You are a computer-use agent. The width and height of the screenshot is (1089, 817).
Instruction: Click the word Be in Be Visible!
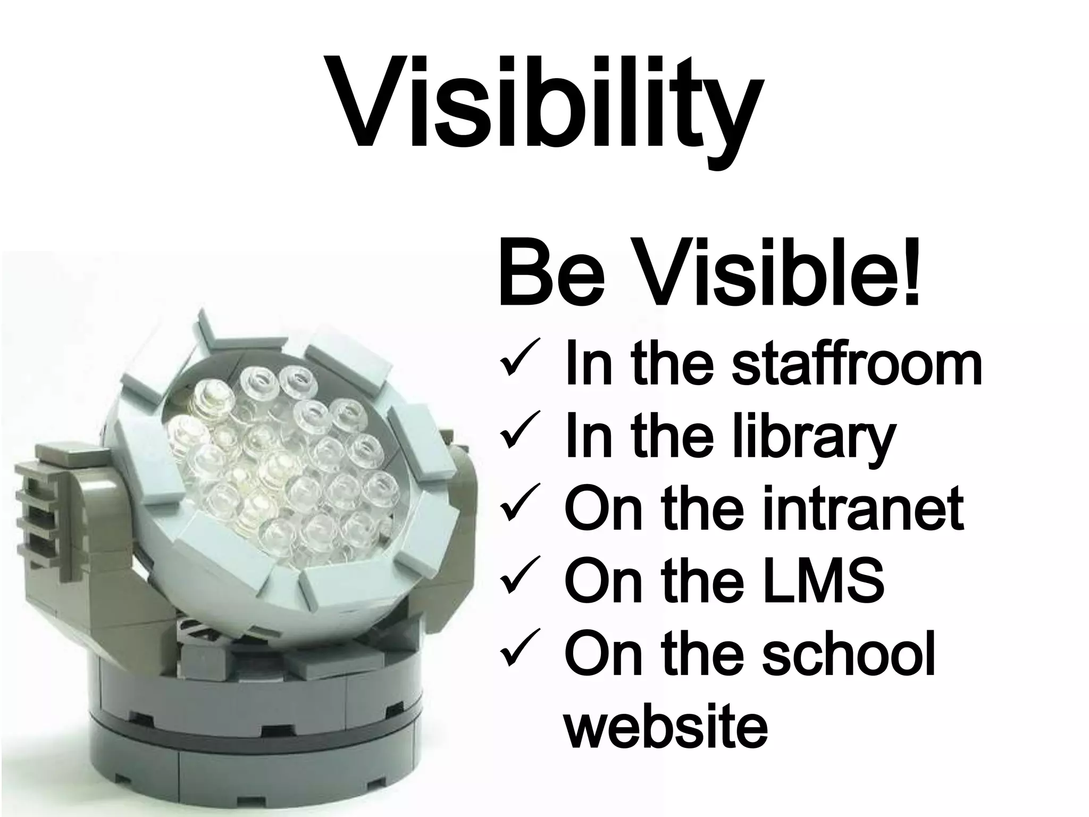pos(550,277)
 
